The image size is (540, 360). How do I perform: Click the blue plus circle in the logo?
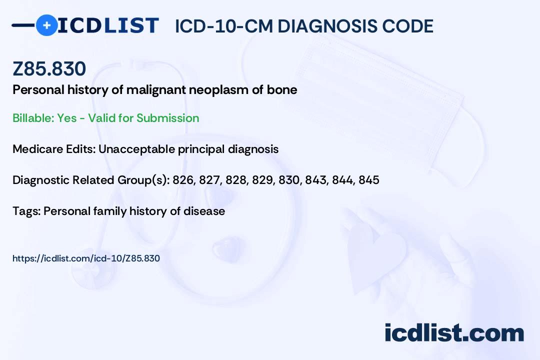(x=47, y=25)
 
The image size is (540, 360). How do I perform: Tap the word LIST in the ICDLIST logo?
(x=131, y=25)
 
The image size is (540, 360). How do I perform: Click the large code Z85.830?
(x=49, y=68)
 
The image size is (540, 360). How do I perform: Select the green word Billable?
(x=33, y=118)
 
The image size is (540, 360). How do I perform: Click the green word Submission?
(x=167, y=118)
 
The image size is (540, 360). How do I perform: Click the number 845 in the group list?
(x=369, y=180)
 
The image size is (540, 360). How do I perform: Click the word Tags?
(x=27, y=211)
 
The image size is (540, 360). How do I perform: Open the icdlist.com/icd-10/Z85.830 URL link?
(x=86, y=258)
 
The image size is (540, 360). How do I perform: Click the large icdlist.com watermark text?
(x=454, y=333)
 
